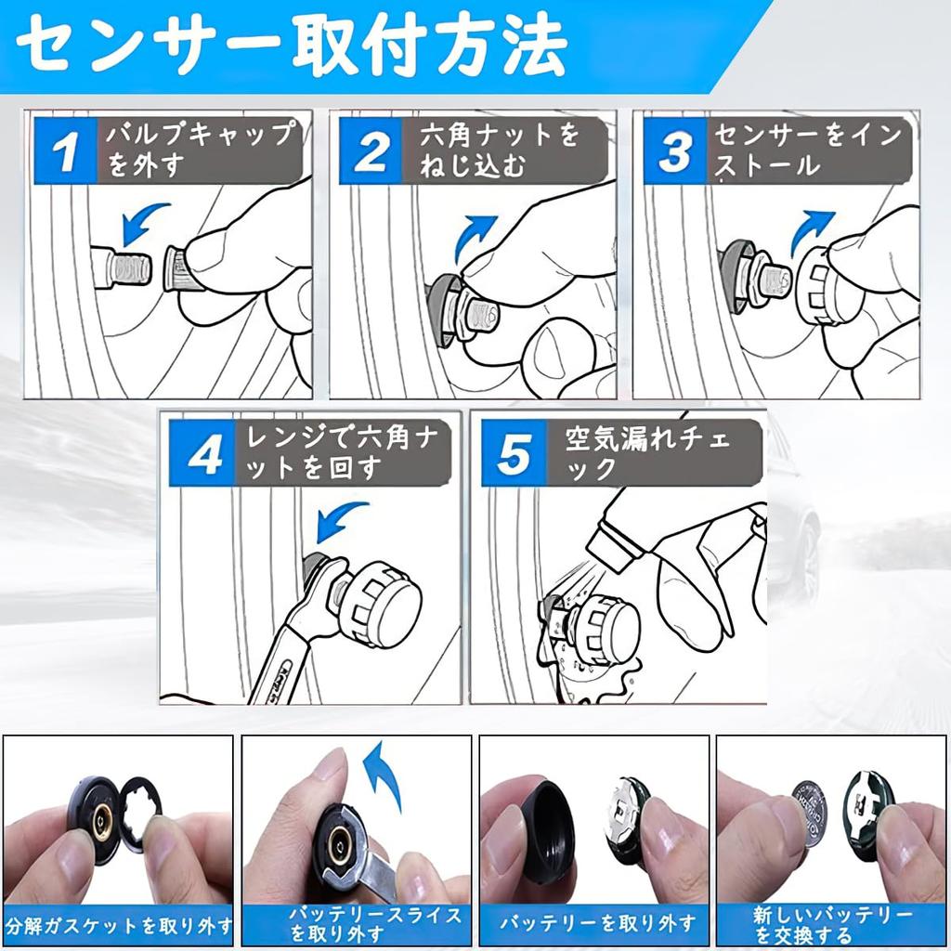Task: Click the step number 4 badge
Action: (x=202, y=453)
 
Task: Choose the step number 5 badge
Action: (x=515, y=453)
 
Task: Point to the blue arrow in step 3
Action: (x=813, y=232)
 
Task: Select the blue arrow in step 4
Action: (x=340, y=520)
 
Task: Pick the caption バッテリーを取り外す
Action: (x=597, y=924)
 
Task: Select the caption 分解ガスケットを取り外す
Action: (x=119, y=926)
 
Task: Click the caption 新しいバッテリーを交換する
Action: (x=832, y=924)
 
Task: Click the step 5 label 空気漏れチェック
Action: (x=647, y=453)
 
